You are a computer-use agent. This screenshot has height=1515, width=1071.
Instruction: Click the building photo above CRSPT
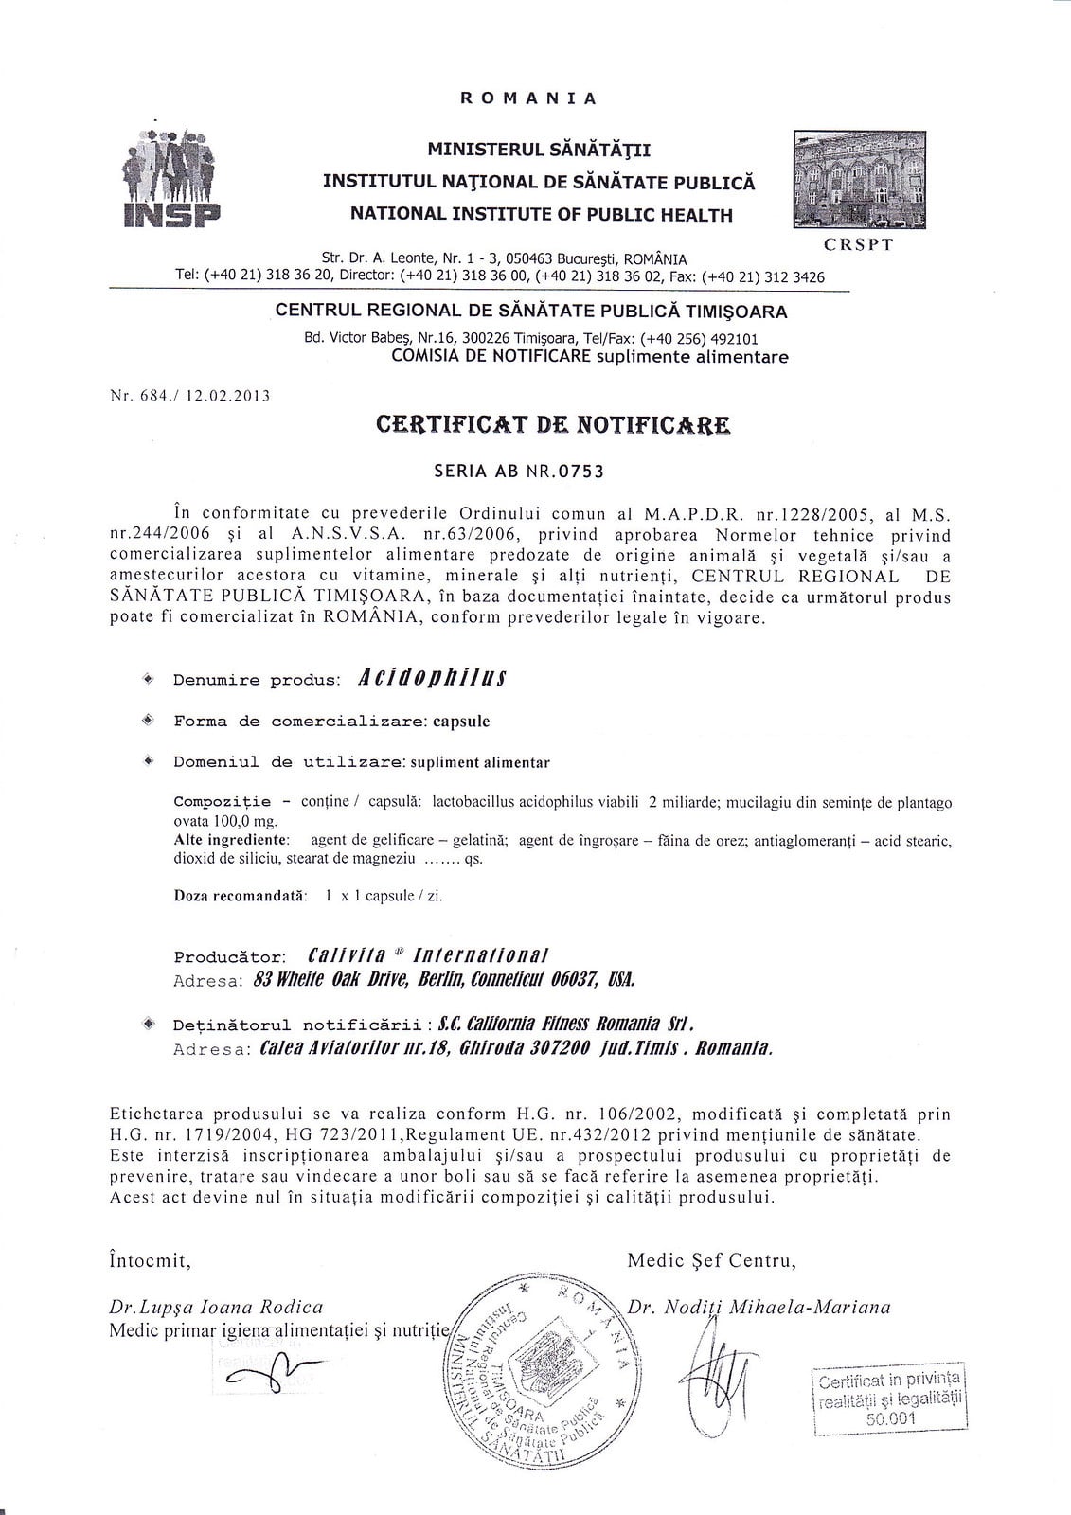pos(859,180)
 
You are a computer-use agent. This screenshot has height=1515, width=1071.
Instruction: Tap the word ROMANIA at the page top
pos(528,98)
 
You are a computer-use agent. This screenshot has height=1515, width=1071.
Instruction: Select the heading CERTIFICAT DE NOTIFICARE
pos(553,425)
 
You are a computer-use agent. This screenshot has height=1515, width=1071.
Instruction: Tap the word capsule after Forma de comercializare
pos(461,721)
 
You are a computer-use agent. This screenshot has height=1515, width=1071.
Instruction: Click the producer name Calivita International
pos(428,955)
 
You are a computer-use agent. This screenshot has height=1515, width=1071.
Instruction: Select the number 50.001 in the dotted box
pos(891,1418)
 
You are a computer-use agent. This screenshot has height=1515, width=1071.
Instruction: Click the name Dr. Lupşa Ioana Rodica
pos(217,1308)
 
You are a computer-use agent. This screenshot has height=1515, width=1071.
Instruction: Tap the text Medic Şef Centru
pos(711,1260)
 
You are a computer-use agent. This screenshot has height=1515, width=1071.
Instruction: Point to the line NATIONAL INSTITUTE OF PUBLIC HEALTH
pos(542,215)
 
